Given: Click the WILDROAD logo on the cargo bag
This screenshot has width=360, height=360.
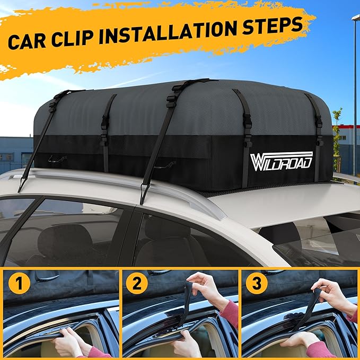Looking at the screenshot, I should point(282,160).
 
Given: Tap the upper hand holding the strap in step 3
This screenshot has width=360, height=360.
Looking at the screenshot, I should point(331,292).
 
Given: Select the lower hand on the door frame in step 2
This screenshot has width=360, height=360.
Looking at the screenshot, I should point(186,344).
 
